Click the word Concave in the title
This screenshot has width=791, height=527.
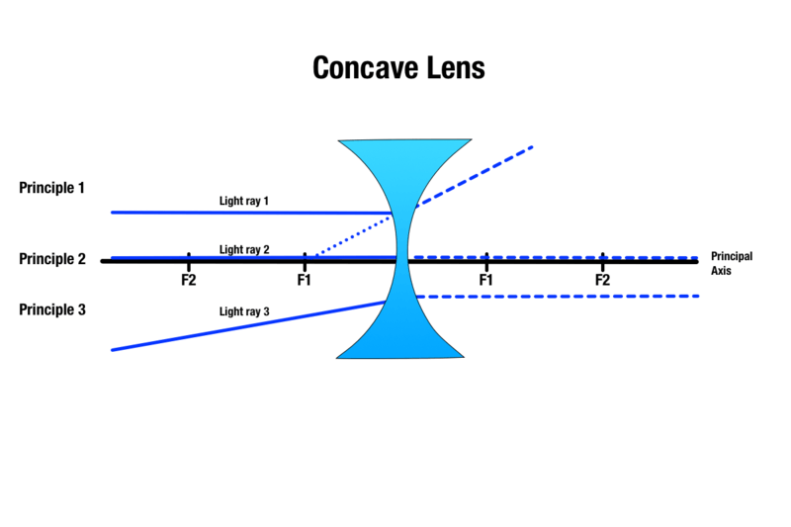pyautogui.click(x=356, y=68)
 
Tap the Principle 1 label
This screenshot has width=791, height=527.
pyautogui.click(x=51, y=187)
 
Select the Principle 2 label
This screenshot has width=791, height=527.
pyautogui.click(x=51, y=259)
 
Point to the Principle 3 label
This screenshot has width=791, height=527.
pyautogui.click(x=51, y=309)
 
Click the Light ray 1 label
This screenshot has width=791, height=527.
pyautogui.click(x=244, y=201)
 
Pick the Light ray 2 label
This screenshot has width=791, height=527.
pyautogui.click(x=244, y=249)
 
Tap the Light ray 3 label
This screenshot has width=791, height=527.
pyautogui.click(x=244, y=311)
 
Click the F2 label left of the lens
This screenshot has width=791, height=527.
pyautogui.click(x=188, y=280)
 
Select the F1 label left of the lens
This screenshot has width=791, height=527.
pyautogui.click(x=305, y=280)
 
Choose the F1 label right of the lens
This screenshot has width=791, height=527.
pyautogui.click(x=486, y=280)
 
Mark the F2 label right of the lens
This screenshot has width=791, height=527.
pyautogui.click(x=602, y=280)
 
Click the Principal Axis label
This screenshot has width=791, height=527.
pyautogui.click(x=731, y=262)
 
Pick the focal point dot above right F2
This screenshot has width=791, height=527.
pyautogui.click(x=602, y=254)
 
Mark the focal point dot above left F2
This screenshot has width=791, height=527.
pyautogui.click(x=188, y=254)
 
